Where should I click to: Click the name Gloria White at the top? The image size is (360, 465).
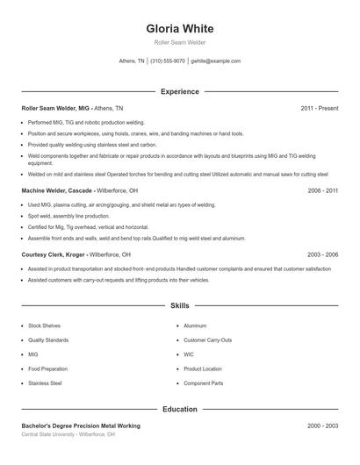[x=180, y=28]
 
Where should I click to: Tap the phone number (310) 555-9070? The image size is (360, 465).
[x=168, y=61]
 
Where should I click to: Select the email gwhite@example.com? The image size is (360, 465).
[x=216, y=61]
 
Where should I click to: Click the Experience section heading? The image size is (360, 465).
[x=180, y=91]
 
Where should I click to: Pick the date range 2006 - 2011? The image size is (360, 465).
[x=322, y=190]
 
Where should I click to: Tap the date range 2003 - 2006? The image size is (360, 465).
[x=322, y=254]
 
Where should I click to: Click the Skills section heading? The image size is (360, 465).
[x=180, y=306]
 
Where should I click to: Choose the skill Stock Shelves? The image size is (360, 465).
[x=44, y=325]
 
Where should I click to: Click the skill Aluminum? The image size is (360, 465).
[x=195, y=325]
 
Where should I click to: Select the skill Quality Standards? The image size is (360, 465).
[x=47, y=340]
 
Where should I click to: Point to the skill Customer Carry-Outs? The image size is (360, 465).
[x=207, y=340]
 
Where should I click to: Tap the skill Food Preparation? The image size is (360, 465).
[x=47, y=368]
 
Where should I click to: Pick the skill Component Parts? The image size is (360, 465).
[x=204, y=383]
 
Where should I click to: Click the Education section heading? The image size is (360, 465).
[x=180, y=409]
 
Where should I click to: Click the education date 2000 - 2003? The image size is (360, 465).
[x=322, y=426]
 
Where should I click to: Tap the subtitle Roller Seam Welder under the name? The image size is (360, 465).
[x=180, y=43]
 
